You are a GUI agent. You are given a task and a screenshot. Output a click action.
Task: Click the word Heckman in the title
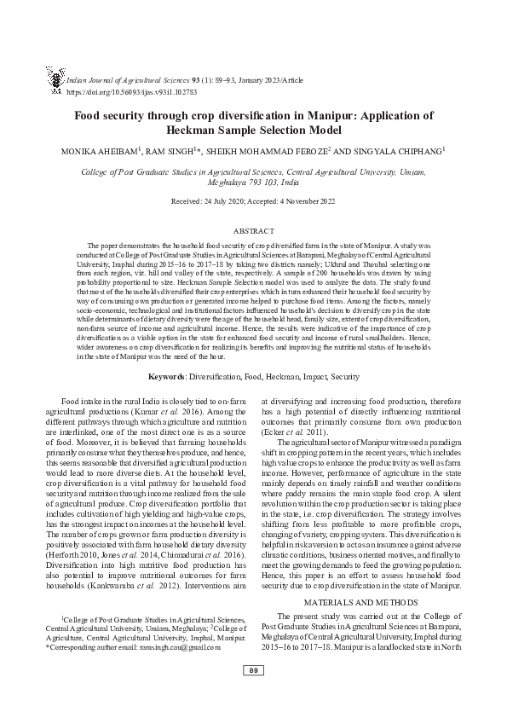(x=196, y=130)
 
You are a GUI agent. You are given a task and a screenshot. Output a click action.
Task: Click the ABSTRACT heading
(x=254, y=231)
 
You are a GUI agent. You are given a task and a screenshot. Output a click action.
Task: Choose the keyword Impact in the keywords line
(x=300, y=376)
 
